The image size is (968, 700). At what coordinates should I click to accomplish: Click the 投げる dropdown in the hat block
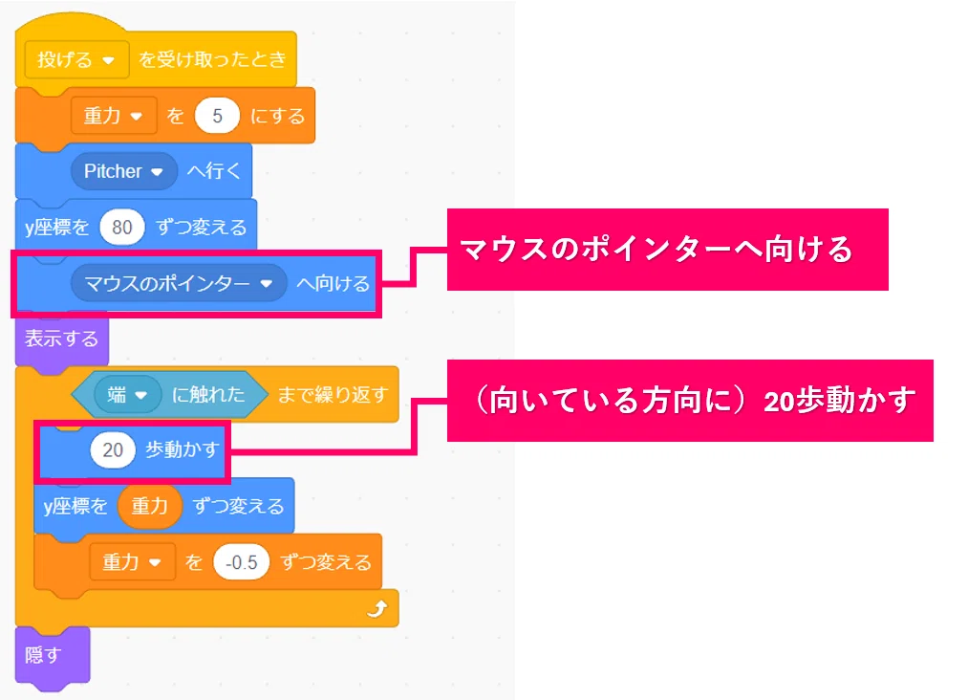pyautogui.click(x=76, y=60)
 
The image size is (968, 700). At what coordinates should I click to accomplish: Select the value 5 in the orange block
pyautogui.click(x=217, y=116)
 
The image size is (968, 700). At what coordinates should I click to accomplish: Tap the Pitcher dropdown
pyautogui.click(x=123, y=171)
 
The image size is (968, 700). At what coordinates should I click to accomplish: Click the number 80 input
pyautogui.click(x=121, y=228)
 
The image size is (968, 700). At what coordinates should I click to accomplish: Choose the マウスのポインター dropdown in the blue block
pyautogui.click(x=179, y=284)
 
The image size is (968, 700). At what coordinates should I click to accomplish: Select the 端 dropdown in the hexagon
pyautogui.click(x=127, y=394)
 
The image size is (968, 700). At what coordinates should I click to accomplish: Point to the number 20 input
pyautogui.click(x=113, y=449)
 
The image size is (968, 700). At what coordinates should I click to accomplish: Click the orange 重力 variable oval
pyautogui.click(x=149, y=506)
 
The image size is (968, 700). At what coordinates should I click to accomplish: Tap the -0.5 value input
pyautogui.click(x=242, y=562)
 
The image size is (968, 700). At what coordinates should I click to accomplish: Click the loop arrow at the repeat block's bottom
pyautogui.click(x=377, y=609)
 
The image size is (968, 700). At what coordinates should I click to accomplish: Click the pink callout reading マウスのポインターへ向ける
pyautogui.click(x=667, y=250)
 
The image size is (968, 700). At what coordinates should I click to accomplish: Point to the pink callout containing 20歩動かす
pyautogui.click(x=690, y=401)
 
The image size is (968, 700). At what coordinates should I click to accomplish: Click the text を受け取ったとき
pyautogui.click(x=212, y=59)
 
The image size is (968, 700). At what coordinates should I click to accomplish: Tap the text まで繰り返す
pyautogui.click(x=333, y=394)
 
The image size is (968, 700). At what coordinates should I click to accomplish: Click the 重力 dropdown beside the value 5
pyautogui.click(x=114, y=116)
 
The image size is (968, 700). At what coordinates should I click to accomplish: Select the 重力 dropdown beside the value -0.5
pyautogui.click(x=132, y=562)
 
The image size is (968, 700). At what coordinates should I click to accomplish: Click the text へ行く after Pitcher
pyautogui.click(x=214, y=171)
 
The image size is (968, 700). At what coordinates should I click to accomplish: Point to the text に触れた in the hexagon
pyautogui.click(x=208, y=394)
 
